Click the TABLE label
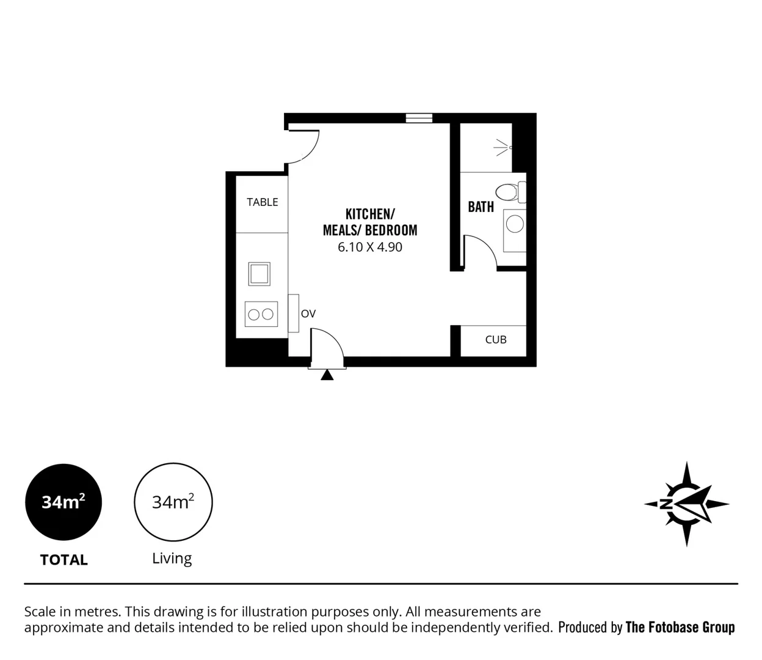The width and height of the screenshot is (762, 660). click(x=262, y=202)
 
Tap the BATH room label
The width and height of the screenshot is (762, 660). click(x=481, y=207)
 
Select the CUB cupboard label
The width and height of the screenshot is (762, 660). click(x=496, y=340)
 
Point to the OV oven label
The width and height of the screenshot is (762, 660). click(x=308, y=313)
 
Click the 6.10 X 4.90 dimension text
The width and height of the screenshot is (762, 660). click(x=370, y=248)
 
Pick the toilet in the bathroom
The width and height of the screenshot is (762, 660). click(x=509, y=192)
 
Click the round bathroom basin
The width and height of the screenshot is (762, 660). click(x=515, y=224)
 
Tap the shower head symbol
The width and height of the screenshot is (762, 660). click(x=504, y=147)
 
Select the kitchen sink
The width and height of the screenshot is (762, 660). click(x=259, y=273)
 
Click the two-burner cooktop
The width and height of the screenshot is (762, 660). click(x=261, y=314)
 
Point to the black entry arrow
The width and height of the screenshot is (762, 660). click(x=327, y=375)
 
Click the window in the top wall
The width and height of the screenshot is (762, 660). click(x=419, y=118)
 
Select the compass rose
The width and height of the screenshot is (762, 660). click(x=687, y=504)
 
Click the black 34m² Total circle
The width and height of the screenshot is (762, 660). click(x=64, y=502)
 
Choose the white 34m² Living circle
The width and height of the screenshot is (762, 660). click(x=173, y=502)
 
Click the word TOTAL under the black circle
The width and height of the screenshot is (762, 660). click(x=64, y=560)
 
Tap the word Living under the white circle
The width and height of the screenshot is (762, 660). click(x=172, y=559)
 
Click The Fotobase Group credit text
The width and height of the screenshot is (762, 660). click(x=680, y=628)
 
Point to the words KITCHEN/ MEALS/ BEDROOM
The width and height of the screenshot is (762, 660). click(x=370, y=222)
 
